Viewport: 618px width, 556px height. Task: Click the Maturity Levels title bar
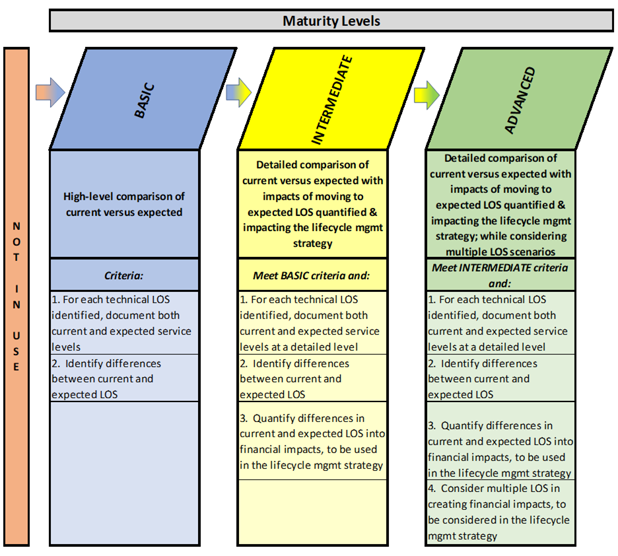(x=331, y=20)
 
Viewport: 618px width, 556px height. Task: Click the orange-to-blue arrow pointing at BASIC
(x=50, y=92)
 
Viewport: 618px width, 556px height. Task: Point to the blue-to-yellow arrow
(x=238, y=92)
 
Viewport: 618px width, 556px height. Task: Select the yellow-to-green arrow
(x=427, y=95)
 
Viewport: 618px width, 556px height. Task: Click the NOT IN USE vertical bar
(x=17, y=296)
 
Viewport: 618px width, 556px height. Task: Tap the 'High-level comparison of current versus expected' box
(x=124, y=204)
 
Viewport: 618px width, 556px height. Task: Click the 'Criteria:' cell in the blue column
(x=124, y=275)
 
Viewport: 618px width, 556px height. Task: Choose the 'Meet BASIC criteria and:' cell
(x=312, y=275)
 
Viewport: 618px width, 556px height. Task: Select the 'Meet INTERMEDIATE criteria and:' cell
(x=500, y=275)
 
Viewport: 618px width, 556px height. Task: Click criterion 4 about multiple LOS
(x=500, y=512)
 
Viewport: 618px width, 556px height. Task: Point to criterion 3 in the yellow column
(x=312, y=441)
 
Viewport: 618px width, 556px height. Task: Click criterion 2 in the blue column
(x=124, y=378)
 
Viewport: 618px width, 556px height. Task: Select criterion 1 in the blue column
(x=124, y=323)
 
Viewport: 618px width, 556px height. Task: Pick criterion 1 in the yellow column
(x=312, y=323)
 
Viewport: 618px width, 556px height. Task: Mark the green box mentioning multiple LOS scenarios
(x=500, y=204)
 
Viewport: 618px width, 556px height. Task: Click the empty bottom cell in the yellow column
(x=312, y=512)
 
